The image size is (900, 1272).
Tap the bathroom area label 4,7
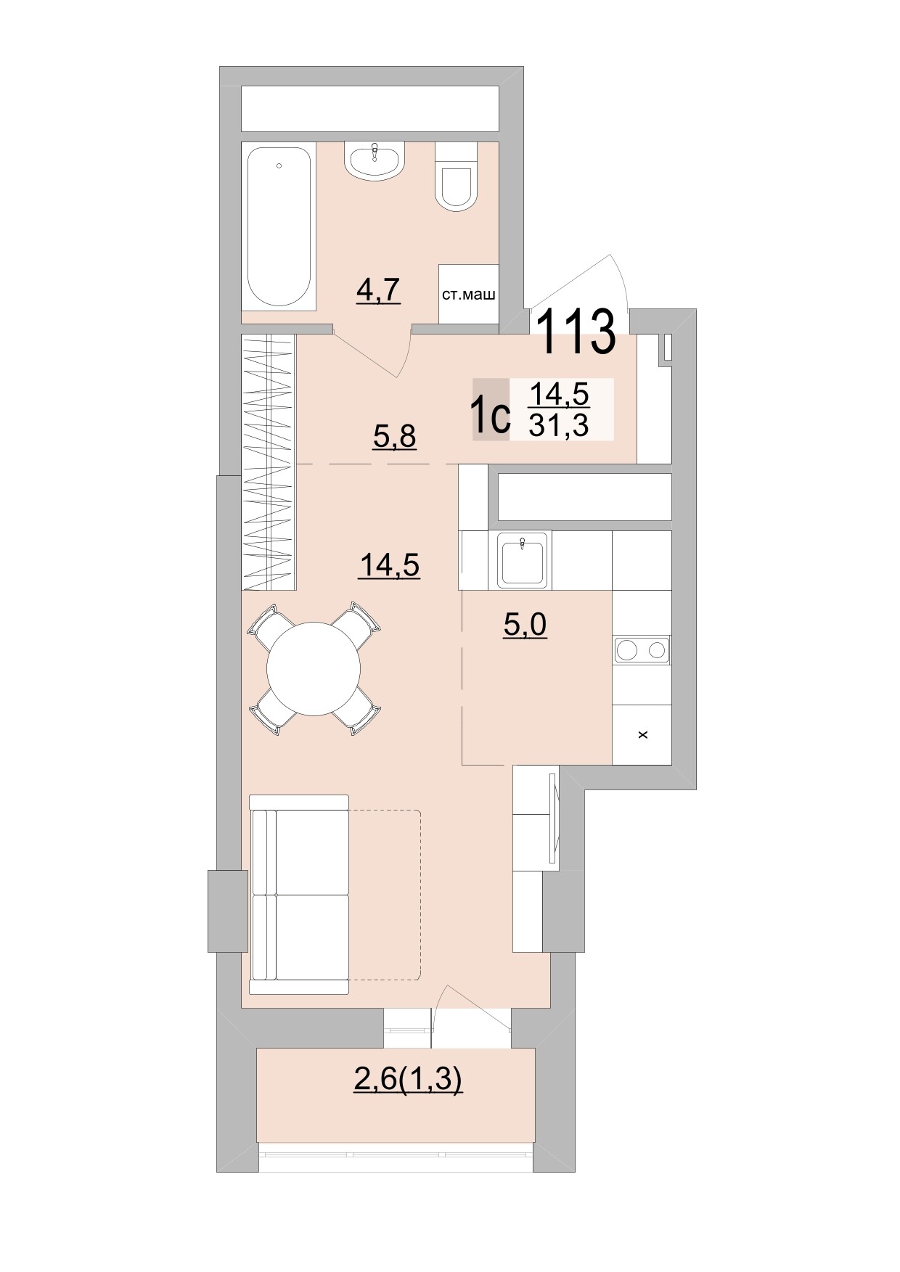coord(378,290)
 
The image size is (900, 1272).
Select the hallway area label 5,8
coord(394,436)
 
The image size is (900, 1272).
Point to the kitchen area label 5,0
coord(525,624)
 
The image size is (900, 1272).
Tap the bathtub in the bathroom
coord(279,226)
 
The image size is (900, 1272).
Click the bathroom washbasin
coord(374,160)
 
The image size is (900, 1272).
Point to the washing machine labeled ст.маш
coord(468,295)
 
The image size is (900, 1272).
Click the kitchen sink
coord(523,559)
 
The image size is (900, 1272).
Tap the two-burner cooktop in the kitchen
coord(642,650)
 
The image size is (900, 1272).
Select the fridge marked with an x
coord(642,734)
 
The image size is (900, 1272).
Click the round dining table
coord(314,669)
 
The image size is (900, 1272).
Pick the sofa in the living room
coord(299,894)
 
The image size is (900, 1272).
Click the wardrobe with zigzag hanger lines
coord(269,461)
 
